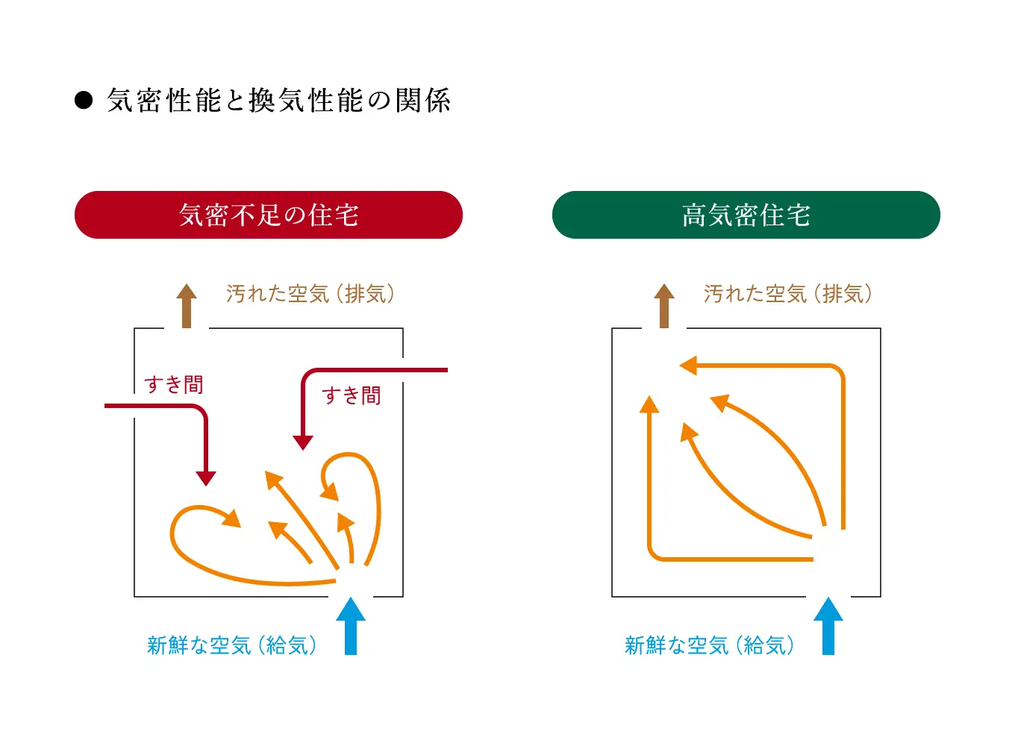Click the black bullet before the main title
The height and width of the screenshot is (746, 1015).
84,101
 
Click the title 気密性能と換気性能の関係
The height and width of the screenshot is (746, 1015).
278,101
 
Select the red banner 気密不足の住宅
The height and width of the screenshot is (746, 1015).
269,215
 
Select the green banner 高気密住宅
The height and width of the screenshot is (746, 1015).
746,215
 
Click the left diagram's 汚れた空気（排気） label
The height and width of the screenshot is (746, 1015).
310,294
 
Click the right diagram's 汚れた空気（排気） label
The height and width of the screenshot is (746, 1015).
787,294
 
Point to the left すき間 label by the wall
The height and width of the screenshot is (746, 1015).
174,385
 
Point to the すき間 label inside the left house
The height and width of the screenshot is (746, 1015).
352,395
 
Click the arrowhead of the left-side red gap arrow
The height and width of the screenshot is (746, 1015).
206,478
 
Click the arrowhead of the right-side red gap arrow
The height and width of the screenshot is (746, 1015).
303,442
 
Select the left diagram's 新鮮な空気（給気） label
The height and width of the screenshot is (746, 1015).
231,645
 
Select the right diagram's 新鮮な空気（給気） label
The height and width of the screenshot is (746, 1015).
709,645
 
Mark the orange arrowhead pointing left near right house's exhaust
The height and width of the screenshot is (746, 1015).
688,366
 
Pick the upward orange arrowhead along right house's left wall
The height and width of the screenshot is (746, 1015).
649,404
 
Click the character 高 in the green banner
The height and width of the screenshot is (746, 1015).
694,215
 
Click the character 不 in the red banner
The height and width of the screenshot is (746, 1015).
243,215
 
